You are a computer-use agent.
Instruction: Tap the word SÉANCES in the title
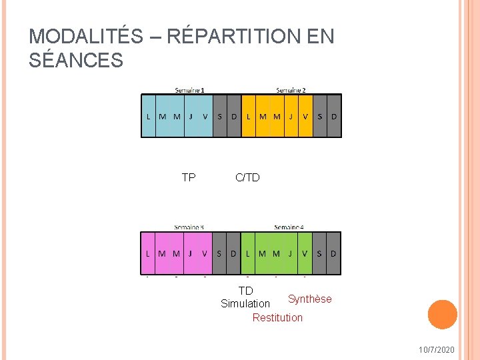click(x=76, y=61)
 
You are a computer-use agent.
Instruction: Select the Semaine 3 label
click(x=189, y=227)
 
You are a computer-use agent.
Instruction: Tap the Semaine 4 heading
click(x=289, y=227)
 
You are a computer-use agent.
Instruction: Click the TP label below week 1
click(x=189, y=177)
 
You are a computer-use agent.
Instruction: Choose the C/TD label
click(x=247, y=177)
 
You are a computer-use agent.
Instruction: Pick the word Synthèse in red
click(x=309, y=299)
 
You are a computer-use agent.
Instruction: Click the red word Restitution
click(x=277, y=317)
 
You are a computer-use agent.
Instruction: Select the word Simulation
click(x=245, y=303)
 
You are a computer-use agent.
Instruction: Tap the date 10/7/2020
click(x=437, y=350)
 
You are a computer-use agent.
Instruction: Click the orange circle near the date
click(x=442, y=315)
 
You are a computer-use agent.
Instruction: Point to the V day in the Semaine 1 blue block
click(x=205, y=116)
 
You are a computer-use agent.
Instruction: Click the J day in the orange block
click(x=291, y=116)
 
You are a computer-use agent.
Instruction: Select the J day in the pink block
click(x=191, y=253)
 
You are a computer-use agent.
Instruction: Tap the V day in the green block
click(x=305, y=253)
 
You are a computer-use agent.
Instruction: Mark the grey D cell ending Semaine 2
click(x=334, y=116)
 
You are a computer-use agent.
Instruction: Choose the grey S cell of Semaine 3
click(x=219, y=253)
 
